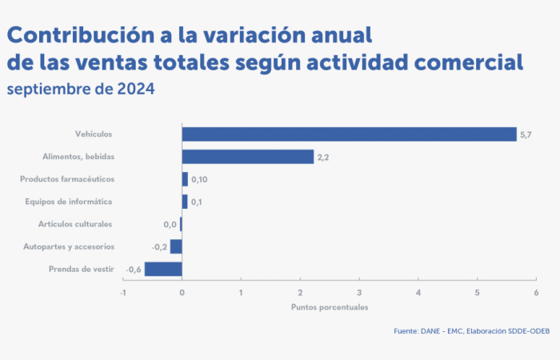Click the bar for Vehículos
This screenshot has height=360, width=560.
[x=349, y=134]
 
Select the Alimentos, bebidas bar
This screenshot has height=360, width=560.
[x=248, y=157]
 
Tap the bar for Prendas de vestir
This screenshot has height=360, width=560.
[x=163, y=269]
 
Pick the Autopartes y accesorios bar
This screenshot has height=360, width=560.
[x=176, y=246]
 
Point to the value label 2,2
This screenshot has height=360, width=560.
[x=323, y=157]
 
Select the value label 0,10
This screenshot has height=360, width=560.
[x=199, y=179]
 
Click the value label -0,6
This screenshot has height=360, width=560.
[x=134, y=269]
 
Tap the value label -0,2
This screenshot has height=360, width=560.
[x=158, y=246]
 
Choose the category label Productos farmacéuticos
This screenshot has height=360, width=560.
[x=67, y=179]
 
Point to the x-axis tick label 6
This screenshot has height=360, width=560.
[x=536, y=293]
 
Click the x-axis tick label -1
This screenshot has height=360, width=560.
[x=122, y=293]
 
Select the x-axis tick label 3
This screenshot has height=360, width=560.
[x=359, y=293]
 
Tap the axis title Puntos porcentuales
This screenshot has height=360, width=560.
[x=330, y=306]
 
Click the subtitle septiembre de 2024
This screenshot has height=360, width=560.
[x=80, y=88]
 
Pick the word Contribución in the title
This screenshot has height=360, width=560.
[x=72, y=35]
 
